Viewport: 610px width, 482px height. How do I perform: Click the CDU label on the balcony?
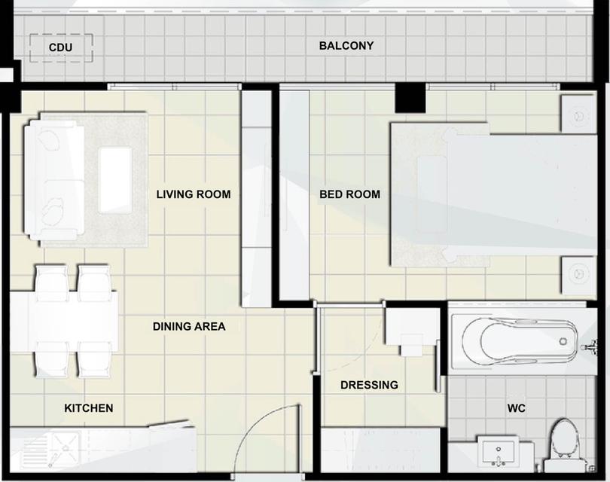tap(60, 47)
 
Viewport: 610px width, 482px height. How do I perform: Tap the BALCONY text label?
tap(346, 45)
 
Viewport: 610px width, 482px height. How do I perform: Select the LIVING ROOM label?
tap(194, 194)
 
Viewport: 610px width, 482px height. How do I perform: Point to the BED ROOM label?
tap(349, 194)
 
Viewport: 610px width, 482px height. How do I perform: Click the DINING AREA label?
tap(189, 326)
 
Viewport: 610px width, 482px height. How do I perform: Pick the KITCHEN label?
tap(89, 408)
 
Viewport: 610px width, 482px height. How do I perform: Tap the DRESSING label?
tap(369, 385)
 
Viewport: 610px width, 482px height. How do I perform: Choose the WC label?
tap(517, 408)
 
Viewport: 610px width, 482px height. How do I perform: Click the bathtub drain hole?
tap(563, 342)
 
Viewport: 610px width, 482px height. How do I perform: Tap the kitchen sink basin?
tap(65, 447)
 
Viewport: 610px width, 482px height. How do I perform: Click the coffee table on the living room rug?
tap(114, 180)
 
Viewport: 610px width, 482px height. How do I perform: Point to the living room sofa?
tap(54, 180)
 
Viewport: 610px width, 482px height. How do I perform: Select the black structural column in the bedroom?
tap(410, 98)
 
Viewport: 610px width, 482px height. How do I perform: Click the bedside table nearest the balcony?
tap(579, 114)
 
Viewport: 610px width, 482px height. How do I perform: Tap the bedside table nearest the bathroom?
tap(579, 276)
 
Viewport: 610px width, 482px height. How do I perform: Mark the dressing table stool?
tap(412, 345)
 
